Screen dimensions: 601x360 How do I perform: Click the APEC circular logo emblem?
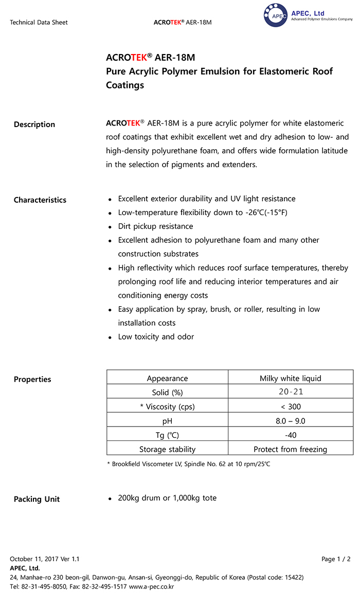[277, 16]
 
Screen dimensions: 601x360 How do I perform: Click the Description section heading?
[34, 125]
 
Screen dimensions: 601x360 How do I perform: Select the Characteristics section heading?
[40, 200]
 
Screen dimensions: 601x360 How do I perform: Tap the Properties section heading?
[32, 380]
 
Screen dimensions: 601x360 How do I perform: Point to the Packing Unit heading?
[37, 499]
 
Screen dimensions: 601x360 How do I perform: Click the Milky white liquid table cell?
[290, 379]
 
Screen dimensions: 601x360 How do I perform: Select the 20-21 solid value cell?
[290, 393]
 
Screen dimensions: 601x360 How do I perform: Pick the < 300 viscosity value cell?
[290, 406]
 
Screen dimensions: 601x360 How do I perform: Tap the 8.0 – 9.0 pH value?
[290, 421]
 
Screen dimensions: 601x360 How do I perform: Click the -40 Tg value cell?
[290, 435]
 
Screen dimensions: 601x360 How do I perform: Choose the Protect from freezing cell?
[290, 449]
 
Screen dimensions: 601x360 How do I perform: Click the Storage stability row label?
[167, 449]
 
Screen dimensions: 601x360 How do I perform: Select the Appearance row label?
[167, 379]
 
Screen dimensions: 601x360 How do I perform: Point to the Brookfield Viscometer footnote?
[188, 464]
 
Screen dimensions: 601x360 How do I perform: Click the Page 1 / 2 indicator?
[336, 559]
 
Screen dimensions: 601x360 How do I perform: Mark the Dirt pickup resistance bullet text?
[155, 226]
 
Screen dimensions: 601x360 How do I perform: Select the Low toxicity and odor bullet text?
[156, 337]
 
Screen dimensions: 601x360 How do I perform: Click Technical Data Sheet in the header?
[39, 23]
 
